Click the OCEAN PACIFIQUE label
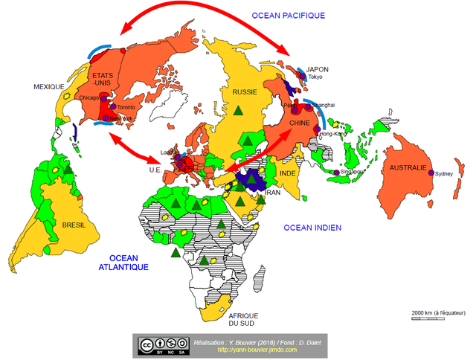(x=289, y=15)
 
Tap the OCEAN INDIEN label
(x=311, y=227)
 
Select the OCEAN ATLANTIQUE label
(x=124, y=263)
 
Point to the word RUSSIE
(x=245, y=92)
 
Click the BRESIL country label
(x=74, y=225)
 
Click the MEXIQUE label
(x=49, y=87)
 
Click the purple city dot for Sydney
(x=431, y=173)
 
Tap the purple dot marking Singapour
(x=337, y=173)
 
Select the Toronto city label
(x=127, y=107)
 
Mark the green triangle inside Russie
(x=238, y=110)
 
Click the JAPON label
(x=317, y=69)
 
